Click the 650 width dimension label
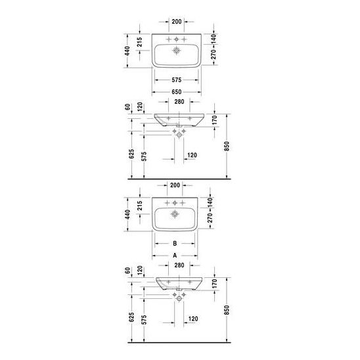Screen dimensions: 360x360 [177, 92]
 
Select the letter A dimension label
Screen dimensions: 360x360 [175, 256]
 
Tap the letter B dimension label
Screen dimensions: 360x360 [175, 243]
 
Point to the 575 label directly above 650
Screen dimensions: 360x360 [177, 80]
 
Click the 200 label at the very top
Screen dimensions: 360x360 [177, 22]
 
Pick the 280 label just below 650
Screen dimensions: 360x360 [179, 101]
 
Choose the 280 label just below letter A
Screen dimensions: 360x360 [179, 265]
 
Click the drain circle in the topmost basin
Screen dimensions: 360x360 [176, 51]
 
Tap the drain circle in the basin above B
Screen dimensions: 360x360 [175, 214]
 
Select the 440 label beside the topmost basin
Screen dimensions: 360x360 [127, 51]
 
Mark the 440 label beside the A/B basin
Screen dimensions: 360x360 [127, 214]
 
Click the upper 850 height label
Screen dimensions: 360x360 [227, 146]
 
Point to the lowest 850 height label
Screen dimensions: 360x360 [227, 310]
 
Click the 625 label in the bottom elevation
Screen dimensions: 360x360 [131, 317]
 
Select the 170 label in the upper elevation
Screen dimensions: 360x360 [214, 120]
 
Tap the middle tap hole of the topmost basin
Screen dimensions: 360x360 [176, 39]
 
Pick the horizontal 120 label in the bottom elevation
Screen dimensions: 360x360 [193, 319]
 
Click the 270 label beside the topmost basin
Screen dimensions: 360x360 [214, 55]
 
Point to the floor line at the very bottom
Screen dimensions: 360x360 [179, 342]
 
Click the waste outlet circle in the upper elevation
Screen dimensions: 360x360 [179, 135]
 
